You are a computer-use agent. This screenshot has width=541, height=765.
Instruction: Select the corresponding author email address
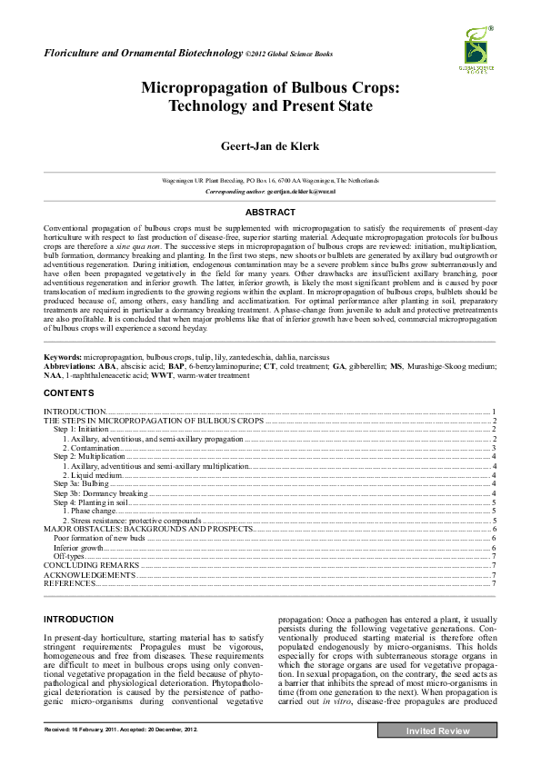pyautogui.click(x=304, y=193)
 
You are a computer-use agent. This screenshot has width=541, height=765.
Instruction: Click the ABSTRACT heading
pyautogui.click(x=270, y=212)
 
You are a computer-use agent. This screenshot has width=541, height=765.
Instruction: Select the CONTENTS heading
pyautogui.click(x=68, y=393)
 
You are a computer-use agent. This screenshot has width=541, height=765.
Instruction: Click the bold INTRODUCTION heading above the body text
pyautogui.click(x=79, y=619)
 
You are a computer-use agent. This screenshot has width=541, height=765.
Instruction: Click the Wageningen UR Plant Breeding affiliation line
pyautogui.click(x=270, y=181)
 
